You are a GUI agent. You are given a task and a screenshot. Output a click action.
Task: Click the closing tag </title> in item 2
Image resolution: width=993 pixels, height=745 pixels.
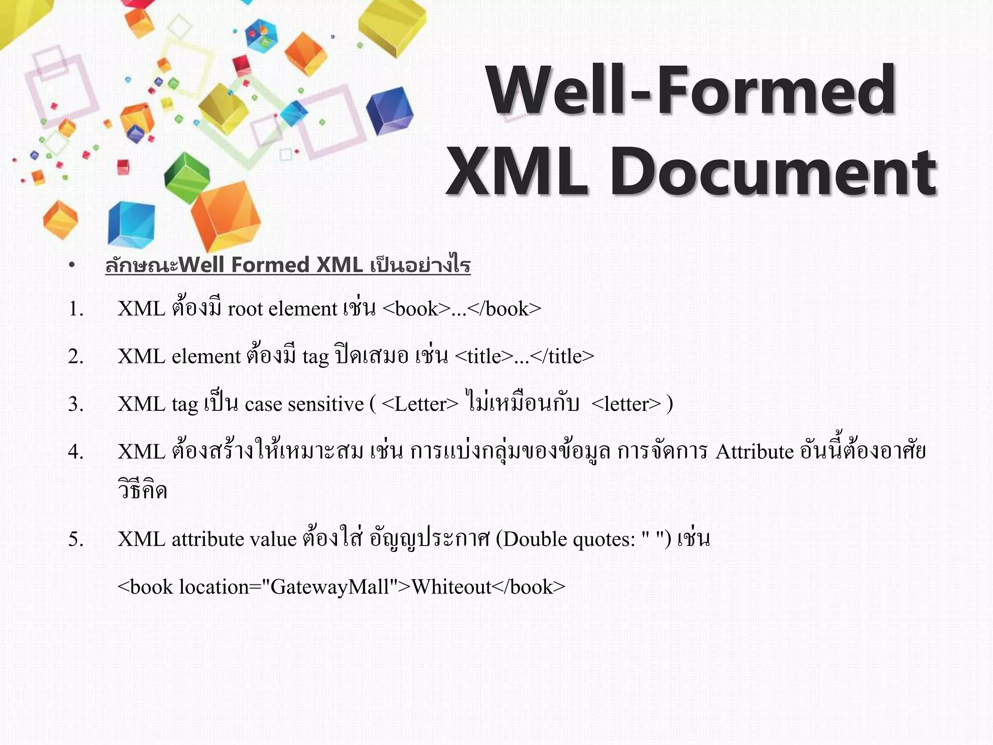(x=562, y=356)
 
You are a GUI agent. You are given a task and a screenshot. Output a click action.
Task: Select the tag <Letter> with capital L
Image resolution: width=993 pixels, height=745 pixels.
(x=420, y=404)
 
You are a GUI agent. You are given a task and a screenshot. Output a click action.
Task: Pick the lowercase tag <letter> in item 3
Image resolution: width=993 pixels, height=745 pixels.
(x=626, y=404)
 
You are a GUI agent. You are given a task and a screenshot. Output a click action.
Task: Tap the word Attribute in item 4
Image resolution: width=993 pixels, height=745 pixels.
(x=754, y=452)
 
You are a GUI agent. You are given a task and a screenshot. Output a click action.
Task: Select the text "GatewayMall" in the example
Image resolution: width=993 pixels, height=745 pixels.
(x=330, y=587)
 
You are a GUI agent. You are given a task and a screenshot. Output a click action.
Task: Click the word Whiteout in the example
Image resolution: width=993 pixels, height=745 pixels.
(x=451, y=587)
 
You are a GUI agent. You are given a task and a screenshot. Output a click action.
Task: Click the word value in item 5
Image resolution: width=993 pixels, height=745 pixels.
(x=272, y=539)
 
